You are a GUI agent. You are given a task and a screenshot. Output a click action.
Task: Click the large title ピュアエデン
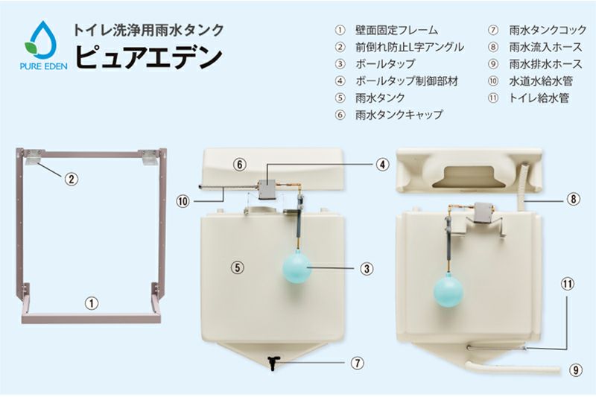point(148,58)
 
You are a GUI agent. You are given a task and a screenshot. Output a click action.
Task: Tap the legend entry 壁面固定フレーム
point(396,30)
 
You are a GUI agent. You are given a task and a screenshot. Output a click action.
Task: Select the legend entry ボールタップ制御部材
point(407,81)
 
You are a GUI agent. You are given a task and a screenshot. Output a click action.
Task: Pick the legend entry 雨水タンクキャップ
point(399,115)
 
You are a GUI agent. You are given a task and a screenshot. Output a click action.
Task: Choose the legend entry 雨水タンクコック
point(548,30)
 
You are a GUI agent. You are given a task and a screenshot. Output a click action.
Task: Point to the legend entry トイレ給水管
point(539,98)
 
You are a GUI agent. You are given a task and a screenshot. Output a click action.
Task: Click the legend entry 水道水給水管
point(541,81)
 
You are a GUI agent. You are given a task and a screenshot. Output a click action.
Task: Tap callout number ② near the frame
point(72,178)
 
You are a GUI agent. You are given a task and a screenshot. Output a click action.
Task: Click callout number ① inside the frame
point(91,303)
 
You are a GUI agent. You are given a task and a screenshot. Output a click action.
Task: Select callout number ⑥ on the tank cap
point(240,165)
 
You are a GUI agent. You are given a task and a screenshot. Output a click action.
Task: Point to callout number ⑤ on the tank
point(238,267)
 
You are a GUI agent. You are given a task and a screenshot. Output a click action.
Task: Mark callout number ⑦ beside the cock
point(358,363)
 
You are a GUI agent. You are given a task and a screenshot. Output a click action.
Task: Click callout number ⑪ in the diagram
point(568,284)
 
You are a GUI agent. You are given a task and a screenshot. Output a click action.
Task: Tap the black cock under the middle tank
point(273,363)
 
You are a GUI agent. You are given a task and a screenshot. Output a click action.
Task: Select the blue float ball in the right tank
point(448,292)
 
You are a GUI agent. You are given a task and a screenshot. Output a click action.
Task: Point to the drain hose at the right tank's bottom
point(513,366)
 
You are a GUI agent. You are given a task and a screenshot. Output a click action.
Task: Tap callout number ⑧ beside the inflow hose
point(574,199)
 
